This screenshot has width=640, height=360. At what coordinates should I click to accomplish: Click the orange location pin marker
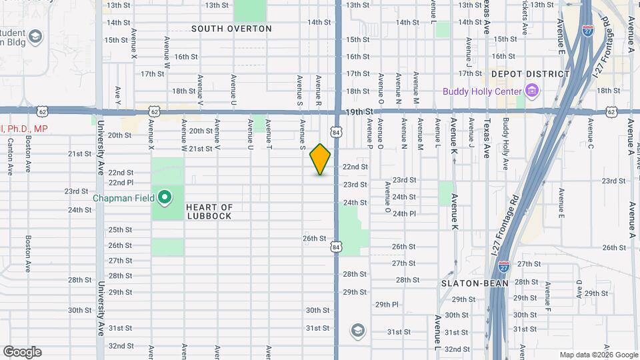tap(321, 159)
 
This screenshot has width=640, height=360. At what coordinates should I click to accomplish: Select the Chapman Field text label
tap(123, 197)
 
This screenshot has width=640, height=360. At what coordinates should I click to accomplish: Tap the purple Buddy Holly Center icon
tap(531, 90)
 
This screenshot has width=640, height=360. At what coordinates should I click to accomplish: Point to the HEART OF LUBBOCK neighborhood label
tap(209, 212)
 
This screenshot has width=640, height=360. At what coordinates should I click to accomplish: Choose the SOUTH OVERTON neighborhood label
tap(231, 29)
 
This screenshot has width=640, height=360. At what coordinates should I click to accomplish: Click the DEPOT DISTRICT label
tap(531, 74)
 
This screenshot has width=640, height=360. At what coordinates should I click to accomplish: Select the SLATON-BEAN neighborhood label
tap(475, 283)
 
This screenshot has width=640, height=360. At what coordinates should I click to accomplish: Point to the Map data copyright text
tap(598, 355)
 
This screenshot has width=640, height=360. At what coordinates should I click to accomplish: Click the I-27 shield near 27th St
tap(504, 266)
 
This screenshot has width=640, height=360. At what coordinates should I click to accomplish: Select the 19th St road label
tap(357, 113)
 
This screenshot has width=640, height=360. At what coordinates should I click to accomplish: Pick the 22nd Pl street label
tap(121, 182)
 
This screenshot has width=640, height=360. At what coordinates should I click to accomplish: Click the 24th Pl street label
tap(404, 214)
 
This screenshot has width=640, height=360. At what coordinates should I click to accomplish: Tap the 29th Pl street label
tap(386, 304)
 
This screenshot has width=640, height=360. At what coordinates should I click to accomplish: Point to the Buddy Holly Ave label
tap(506, 138)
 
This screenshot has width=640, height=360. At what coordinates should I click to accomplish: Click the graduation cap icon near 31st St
tap(357, 330)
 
